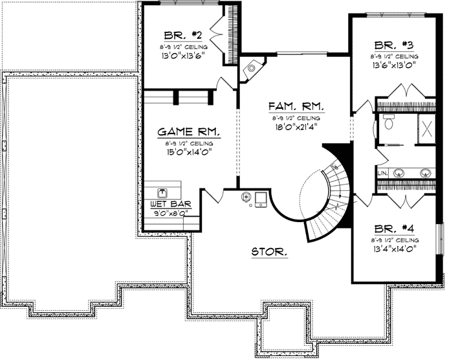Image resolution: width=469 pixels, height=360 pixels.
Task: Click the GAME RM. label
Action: click(189, 132)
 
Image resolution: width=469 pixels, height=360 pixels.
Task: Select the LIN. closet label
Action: click(382, 173)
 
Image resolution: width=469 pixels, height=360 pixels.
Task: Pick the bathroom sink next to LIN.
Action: click(400, 173)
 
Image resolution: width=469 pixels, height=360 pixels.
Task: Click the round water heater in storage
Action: click(246, 197)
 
